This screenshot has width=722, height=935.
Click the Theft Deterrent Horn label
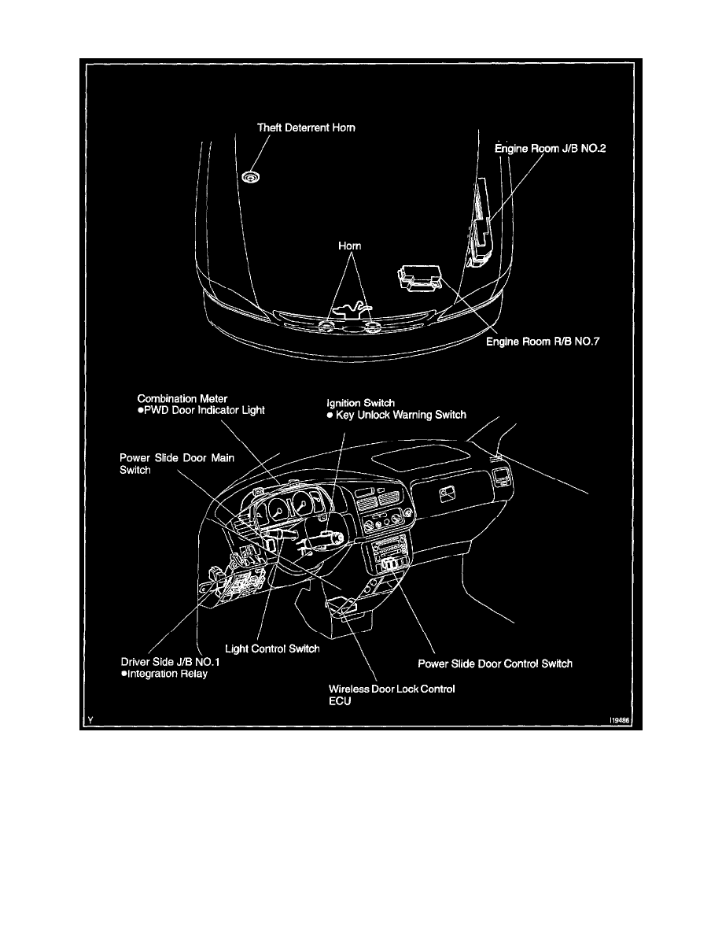point(306,128)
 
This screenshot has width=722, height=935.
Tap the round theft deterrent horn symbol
point(251,176)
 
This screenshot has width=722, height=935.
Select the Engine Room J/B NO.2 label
point(551,149)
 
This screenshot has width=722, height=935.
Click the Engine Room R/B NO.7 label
point(543,342)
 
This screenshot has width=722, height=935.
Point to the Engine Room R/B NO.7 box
point(419,279)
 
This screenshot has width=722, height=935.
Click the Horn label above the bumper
point(350,246)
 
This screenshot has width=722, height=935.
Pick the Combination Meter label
point(182,398)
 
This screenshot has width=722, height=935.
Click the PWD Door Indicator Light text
point(201,410)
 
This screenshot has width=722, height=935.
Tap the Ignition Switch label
point(360,403)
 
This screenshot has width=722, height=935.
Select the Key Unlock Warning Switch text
point(396,415)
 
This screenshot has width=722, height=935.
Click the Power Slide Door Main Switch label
point(177,464)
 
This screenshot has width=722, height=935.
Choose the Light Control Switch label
point(272,649)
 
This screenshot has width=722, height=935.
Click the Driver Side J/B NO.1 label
point(171,662)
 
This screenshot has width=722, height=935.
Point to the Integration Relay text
point(164,674)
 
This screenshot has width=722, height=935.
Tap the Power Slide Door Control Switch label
point(495,663)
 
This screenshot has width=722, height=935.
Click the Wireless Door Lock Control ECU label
point(392,695)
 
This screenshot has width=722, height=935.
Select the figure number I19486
point(620,720)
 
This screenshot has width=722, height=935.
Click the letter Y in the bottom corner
point(90,720)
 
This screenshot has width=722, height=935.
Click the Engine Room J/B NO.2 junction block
point(480,224)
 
